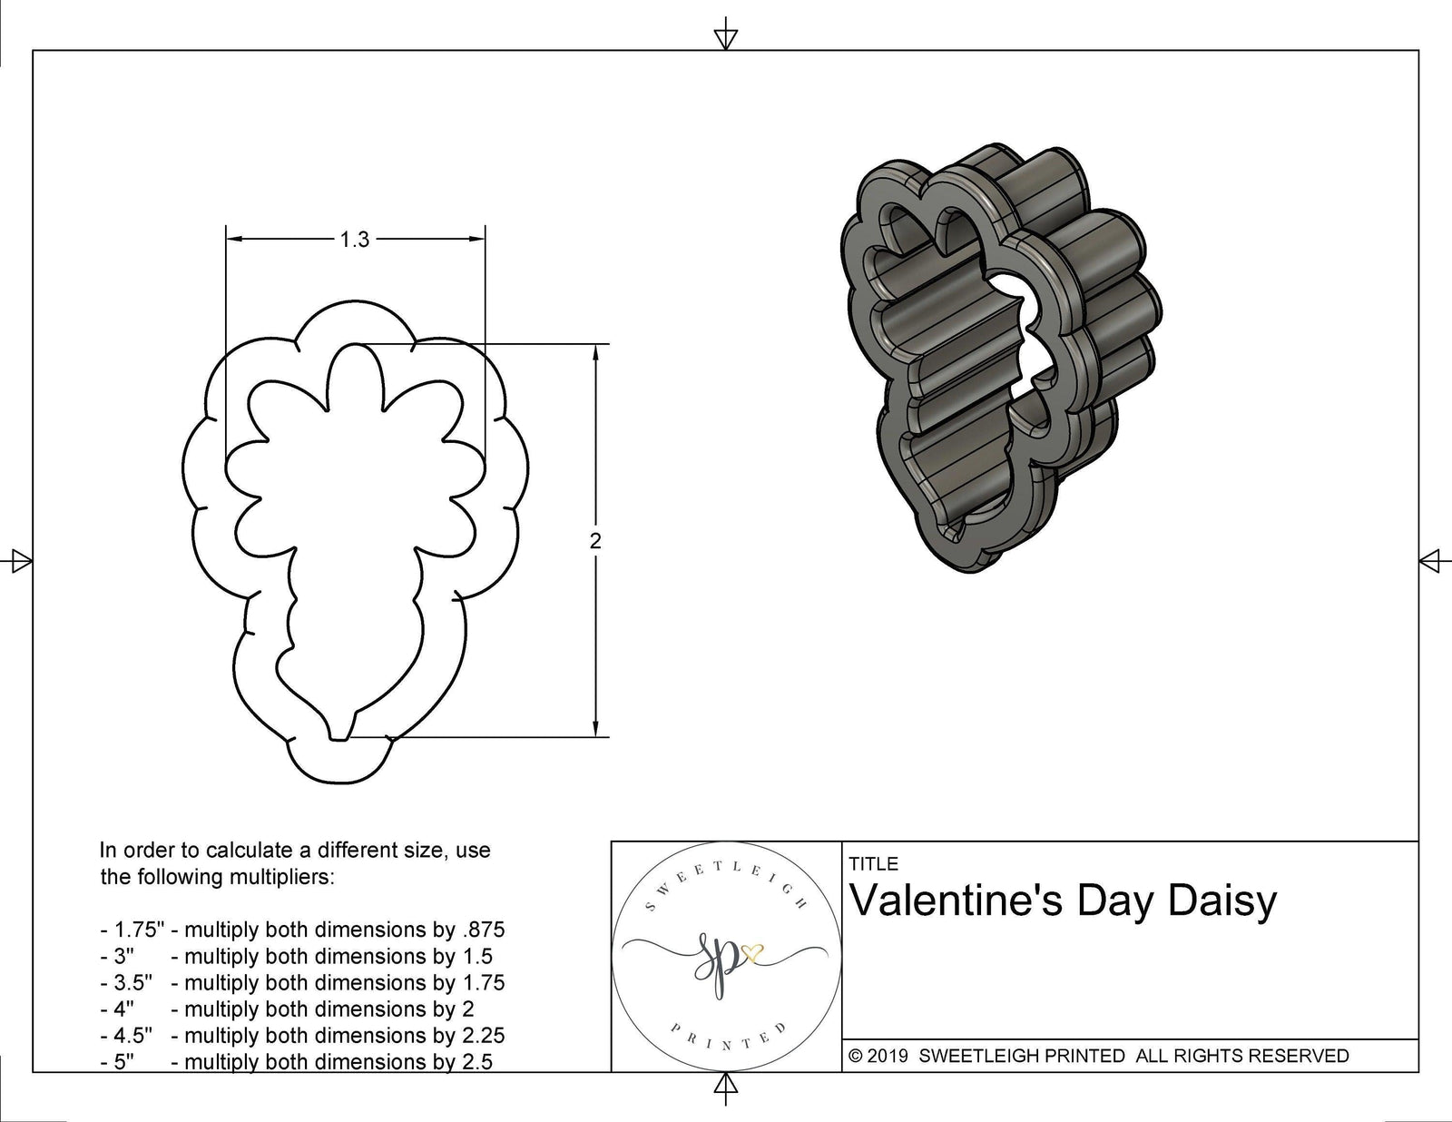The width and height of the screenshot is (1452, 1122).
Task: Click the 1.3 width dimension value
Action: tap(354, 240)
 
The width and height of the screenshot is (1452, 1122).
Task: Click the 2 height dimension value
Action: tap(595, 541)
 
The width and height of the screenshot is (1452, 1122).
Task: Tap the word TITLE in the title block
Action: tap(873, 863)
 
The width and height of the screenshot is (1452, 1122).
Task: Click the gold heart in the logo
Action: tap(752, 953)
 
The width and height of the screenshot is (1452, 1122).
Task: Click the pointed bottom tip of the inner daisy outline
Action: tap(338, 737)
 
